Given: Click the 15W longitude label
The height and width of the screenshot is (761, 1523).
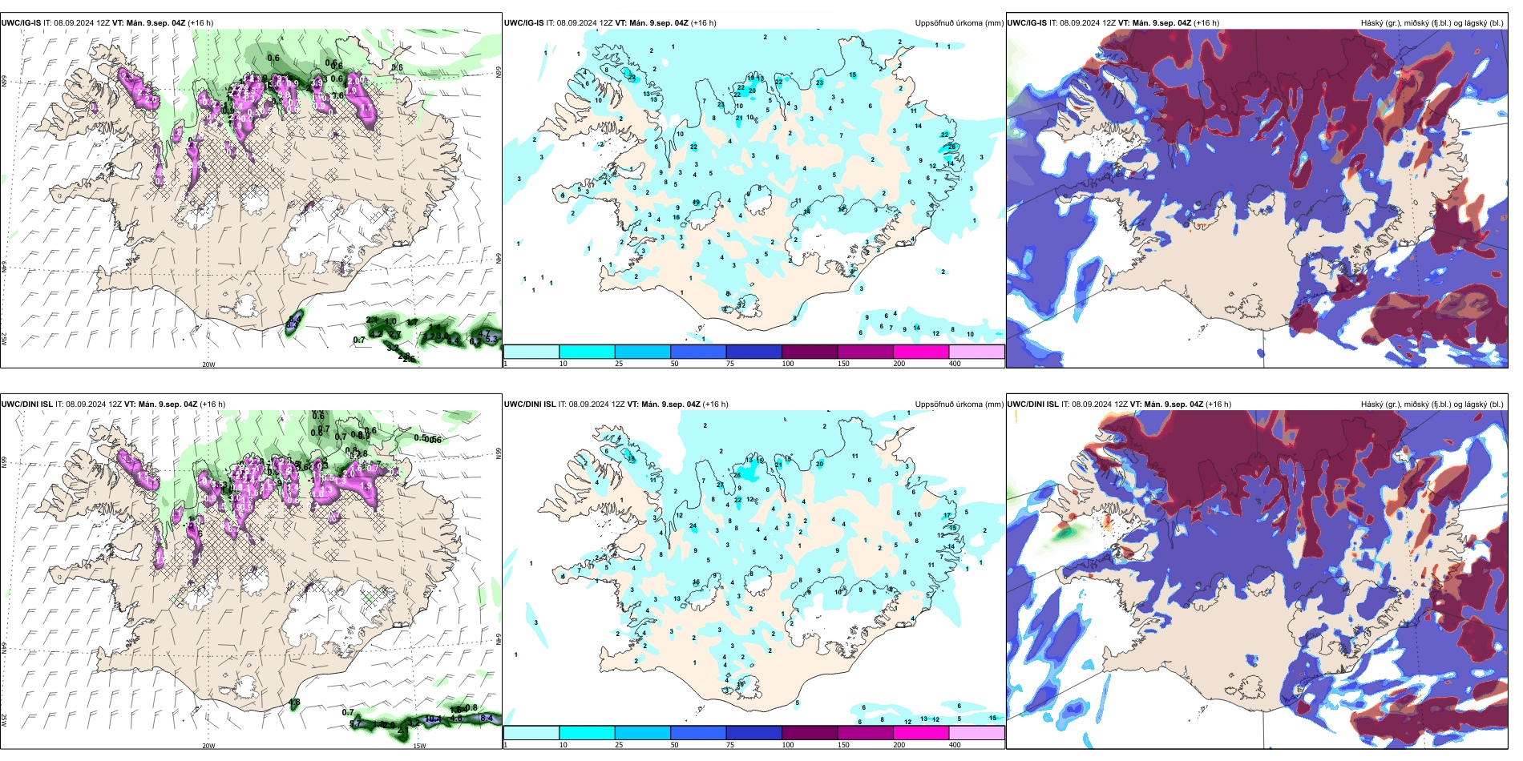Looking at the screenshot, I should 418,746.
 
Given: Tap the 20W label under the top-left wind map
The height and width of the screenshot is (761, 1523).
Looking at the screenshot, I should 208,364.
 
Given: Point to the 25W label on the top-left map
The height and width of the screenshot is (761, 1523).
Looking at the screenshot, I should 4,339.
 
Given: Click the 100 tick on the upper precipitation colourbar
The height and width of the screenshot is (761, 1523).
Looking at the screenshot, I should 788,364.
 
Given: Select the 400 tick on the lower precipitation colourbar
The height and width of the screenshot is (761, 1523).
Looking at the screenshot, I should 955,745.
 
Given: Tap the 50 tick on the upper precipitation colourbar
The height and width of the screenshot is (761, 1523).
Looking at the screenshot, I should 674,364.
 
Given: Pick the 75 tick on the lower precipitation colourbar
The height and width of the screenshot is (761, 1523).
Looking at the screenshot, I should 730,745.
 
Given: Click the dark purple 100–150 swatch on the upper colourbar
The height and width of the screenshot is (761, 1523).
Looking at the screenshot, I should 809,352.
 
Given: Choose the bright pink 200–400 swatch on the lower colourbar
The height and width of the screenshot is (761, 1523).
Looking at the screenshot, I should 920,733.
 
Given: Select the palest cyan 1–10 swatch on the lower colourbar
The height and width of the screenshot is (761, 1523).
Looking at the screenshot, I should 531,733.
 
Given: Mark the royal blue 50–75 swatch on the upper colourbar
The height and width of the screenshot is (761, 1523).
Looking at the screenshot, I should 697,352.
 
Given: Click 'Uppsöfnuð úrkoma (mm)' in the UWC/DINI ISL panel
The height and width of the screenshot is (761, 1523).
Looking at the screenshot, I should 959,405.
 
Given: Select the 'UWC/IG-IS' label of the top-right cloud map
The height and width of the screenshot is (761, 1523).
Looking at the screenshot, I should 1027,23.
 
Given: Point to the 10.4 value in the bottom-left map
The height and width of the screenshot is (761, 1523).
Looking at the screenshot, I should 433,719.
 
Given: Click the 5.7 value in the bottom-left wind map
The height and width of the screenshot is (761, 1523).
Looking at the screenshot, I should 357,724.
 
